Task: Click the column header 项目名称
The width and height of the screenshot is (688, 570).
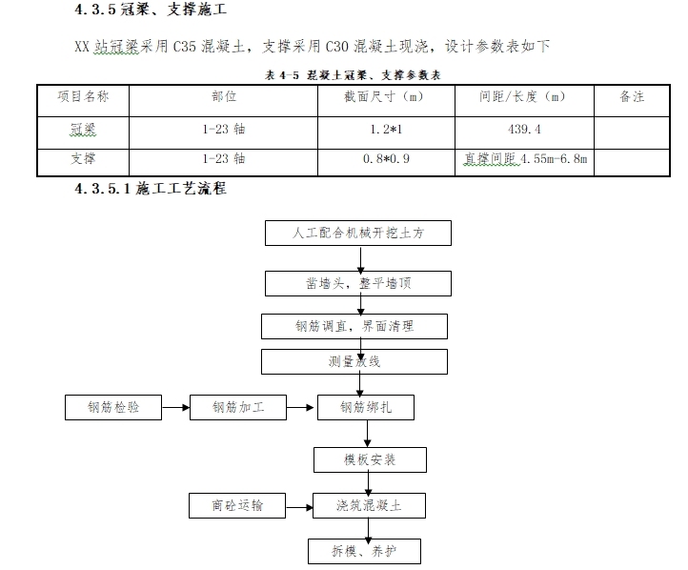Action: [83, 96]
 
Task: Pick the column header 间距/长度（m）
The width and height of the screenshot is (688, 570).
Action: [524, 96]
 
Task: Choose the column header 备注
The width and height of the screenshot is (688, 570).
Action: [632, 96]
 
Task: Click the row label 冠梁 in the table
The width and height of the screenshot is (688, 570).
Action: [83, 128]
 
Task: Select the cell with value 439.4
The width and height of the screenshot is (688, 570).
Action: [524, 128]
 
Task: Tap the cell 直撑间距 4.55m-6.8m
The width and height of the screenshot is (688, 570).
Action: [524, 159]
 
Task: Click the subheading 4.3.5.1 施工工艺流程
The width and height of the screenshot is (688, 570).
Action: [151, 189]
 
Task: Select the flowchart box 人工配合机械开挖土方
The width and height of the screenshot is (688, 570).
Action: [358, 233]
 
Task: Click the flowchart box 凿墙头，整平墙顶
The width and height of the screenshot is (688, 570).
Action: [358, 283]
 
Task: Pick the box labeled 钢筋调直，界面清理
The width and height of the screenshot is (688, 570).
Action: [354, 326]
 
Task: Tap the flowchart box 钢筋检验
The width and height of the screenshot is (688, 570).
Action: [113, 407]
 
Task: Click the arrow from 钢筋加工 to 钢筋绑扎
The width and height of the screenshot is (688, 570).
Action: [301, 407]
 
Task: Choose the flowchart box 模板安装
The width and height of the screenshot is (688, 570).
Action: [370, 459]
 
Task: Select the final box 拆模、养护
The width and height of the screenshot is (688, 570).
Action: [364, 551]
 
